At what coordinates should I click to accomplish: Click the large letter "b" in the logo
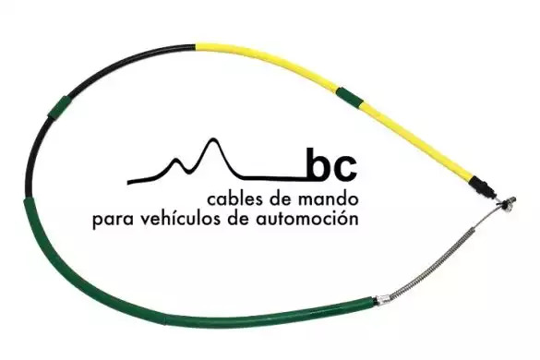pyautogui.click(x=318, y=164)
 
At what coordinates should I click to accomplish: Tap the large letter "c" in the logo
pyautogui.click(x=345, y=169)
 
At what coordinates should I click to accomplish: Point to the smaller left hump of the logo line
pyautogui.click(x=178, y=160)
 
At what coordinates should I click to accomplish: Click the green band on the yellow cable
pyautogui.click(x=349, y=96)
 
